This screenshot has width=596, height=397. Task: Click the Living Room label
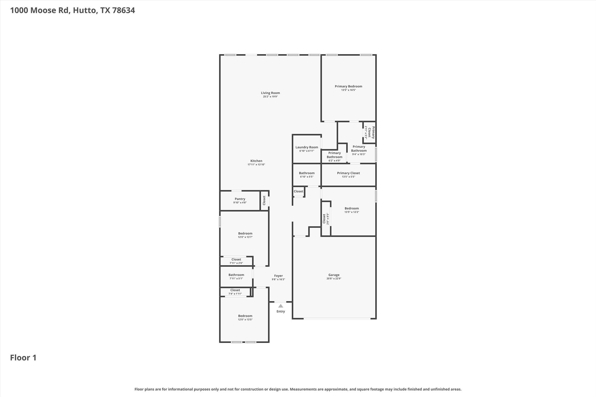pyautogui.click(x=270, y=93)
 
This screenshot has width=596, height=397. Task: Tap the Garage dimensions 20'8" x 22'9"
pyautogui.click(x=334, y=279)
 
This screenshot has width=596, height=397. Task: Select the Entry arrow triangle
pyautogui.click(x=280, y=306)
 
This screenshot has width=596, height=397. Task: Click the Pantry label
pyautogui.click(x=240, y=199)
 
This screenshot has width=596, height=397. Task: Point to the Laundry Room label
pyautogui.click(x=307, y=147)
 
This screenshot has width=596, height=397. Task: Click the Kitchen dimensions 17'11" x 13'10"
pyautogui.click(x=256, y=165)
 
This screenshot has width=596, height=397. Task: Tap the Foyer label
pyautogui.click(x=278, y=276)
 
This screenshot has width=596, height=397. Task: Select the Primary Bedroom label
pyautogui.click(x=348, y=86)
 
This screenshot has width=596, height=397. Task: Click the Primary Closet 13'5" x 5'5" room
pyautogui.click(x=348, y=175)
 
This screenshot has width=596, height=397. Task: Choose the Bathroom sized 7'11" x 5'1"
pyautogui.click(x=236, y=276)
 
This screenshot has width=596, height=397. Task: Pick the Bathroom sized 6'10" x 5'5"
pyautogui.click(x=307, y=175)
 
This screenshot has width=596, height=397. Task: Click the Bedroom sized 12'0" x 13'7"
pyautogui.click(x=245, y=235)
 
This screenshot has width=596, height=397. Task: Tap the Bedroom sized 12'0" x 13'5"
pyautogui.click(x=245, y=317)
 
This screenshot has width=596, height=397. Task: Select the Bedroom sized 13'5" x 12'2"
pyautogui.click(x=352, y=210)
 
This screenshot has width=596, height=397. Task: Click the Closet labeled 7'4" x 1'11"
pyautogui.click(x=235, y=292)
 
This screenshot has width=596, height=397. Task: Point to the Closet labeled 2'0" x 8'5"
pyautogui.click(x=325, y=219)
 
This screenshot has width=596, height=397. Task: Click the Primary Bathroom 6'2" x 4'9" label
pyautogui.click(x=334, y=157)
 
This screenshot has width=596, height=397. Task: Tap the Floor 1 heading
pyautogui.click(x=23, y=358)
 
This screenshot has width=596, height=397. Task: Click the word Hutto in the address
pyautogui.click(x=85, y=10)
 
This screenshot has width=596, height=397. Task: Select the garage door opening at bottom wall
pyautogui.click(x=337, y=319)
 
